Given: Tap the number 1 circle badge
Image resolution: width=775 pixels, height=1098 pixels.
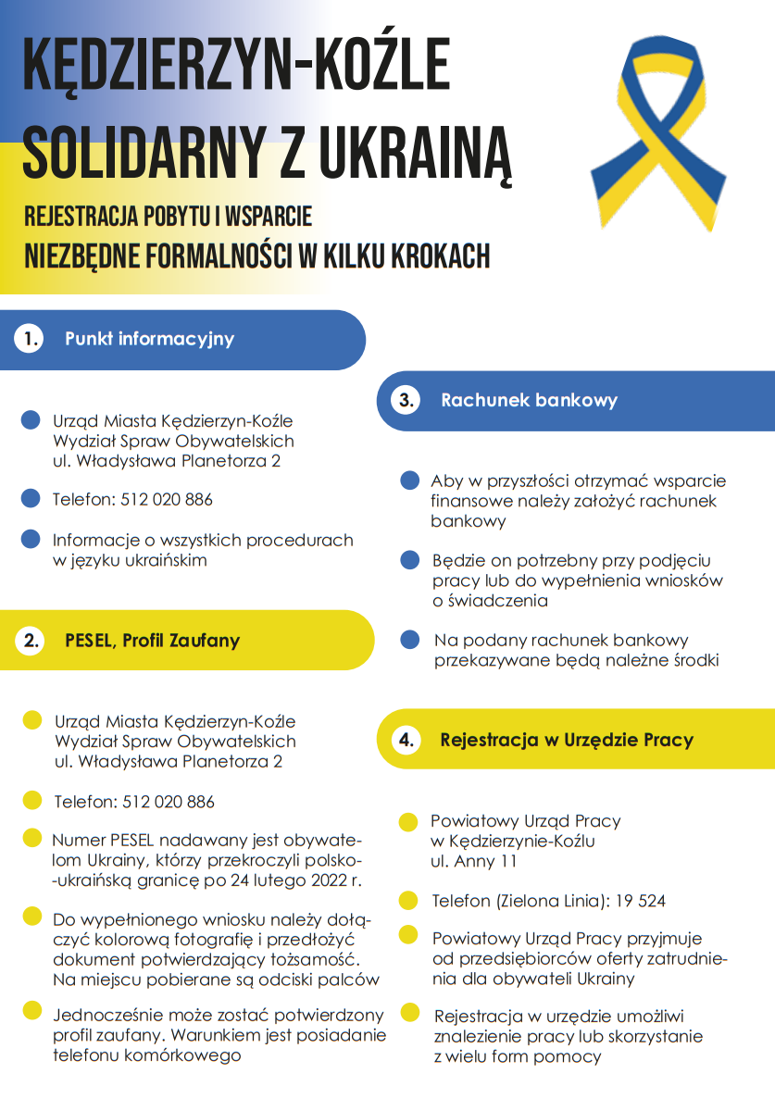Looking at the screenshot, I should pos(29,339).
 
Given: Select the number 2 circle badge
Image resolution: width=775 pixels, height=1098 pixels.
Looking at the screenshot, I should pos(31,641).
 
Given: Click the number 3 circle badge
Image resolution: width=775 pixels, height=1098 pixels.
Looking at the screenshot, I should pos(406,401).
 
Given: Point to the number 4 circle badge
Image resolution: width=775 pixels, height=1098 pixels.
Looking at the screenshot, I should pos(406,740).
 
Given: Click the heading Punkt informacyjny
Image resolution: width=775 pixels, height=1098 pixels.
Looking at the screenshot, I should pos(149,339).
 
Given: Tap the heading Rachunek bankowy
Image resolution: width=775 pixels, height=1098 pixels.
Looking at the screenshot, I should pos(529,401).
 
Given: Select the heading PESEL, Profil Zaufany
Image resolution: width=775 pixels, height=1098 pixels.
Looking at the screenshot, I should pos(152,641).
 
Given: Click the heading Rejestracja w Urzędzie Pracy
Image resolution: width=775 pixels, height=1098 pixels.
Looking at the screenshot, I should pos(567,740).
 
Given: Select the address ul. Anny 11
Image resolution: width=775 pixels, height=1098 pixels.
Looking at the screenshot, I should pos(474,861).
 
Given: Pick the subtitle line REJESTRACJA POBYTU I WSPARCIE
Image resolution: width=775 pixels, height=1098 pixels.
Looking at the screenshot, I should pos(168,217).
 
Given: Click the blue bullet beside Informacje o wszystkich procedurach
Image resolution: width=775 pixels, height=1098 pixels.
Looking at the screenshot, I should pos(31,539).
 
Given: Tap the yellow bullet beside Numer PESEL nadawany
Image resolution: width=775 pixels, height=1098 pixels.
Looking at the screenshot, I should pos(31,839).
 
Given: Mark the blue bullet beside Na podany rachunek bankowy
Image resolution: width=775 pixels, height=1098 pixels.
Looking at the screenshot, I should pos(410,640).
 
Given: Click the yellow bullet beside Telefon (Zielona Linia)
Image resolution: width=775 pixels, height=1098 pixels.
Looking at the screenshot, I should pos(408,900).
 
